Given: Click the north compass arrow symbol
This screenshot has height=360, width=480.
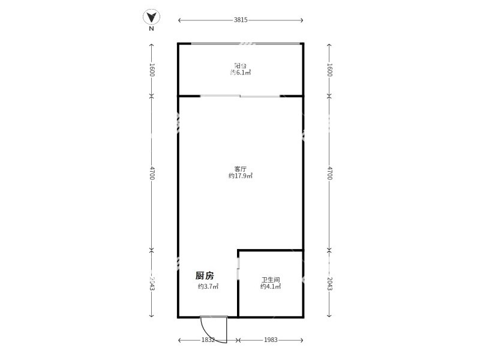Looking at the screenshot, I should (x=152, y=17).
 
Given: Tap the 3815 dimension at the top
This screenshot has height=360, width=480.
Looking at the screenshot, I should (x=241, y=20).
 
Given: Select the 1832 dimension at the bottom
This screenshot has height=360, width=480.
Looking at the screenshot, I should (x=208, y=340).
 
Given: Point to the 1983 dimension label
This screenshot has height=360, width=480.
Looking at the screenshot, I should (x=271, y=340).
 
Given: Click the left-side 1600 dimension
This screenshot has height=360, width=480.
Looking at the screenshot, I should (x=152, y=70).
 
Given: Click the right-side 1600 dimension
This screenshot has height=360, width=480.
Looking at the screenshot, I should (x=329, y=70).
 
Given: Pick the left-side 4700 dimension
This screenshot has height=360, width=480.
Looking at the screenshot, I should (x=152, y=173).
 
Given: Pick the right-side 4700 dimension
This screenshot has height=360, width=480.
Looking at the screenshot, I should (x=329, y=173).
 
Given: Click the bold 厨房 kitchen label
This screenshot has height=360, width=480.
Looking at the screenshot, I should (x=205, y=276).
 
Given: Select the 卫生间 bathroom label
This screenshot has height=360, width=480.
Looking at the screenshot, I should (x=271, y=280).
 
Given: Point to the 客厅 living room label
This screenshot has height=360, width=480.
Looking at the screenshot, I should (x=241, y=169).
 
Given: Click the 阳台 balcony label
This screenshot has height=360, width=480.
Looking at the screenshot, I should (x=241, y=65).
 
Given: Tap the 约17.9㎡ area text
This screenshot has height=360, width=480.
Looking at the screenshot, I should (x=241, y=176).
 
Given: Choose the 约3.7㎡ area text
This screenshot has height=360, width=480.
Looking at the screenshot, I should (x=208, y=287).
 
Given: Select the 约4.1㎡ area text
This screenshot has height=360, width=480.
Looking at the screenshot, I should (x=271, y=287).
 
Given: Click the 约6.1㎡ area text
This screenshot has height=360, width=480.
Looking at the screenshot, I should (x=241, y=73).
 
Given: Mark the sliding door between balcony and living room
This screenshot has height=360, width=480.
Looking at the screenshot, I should (x=240, y=96).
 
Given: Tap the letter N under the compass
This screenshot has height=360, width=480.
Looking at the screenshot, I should (x=152, y=28).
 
